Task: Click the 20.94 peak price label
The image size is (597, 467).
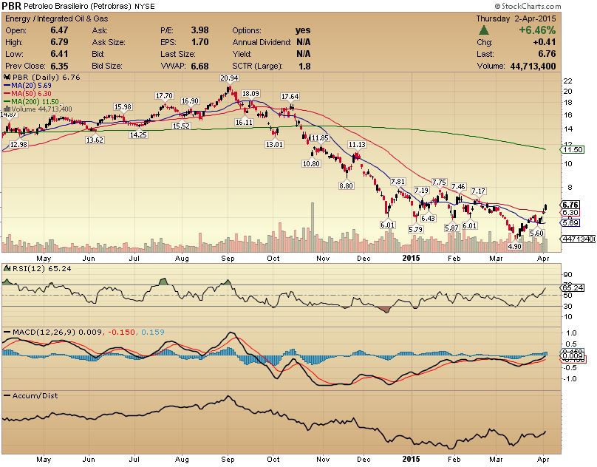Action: [229, 78]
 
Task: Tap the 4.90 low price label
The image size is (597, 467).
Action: [515, 247]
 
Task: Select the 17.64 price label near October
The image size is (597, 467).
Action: [290, 97]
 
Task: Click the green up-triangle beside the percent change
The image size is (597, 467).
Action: [484, 30]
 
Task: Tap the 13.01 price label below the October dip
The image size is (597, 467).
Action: [274, 144]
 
